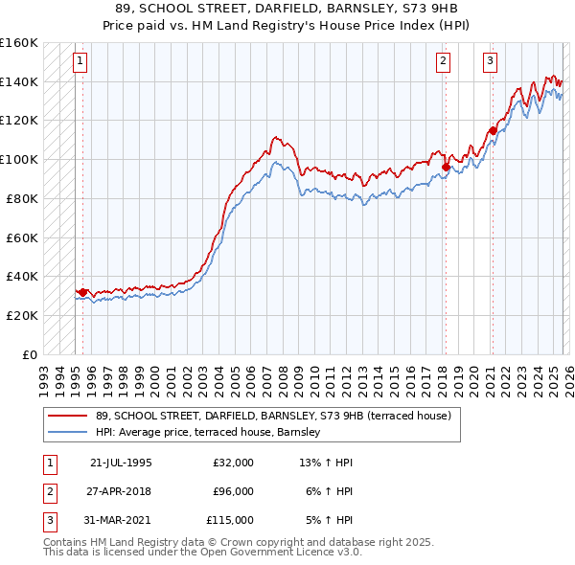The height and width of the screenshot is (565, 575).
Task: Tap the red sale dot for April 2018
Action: [x=446, y=167]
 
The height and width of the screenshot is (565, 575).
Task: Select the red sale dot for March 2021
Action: [x=493, y=130]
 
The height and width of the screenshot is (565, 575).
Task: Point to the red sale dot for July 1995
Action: [x=82, y=292]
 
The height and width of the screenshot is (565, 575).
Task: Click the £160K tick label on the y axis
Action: [x=19, y=43]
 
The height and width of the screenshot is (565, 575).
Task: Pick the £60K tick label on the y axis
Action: [x=21, y=237]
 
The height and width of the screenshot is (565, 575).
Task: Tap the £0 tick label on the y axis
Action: [x=29, y=354]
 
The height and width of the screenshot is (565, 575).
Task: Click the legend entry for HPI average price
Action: [x=213, y=433]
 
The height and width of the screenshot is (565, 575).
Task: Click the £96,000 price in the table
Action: [x=234, y=491]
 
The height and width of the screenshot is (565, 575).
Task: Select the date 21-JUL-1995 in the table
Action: [x=121, y=463]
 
